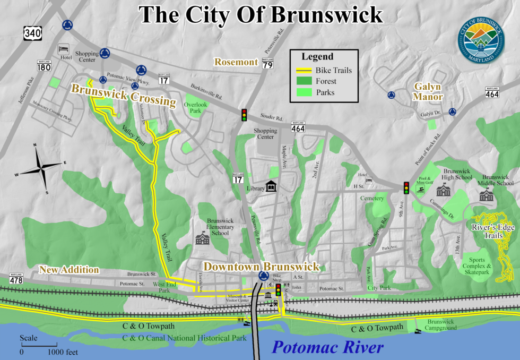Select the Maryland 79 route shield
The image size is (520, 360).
[267, 63]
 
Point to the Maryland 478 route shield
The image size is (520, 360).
[16, 278]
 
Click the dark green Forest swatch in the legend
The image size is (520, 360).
[304, 81]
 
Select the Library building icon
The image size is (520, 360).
[272, 186]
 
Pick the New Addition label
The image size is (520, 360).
[69, 270]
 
